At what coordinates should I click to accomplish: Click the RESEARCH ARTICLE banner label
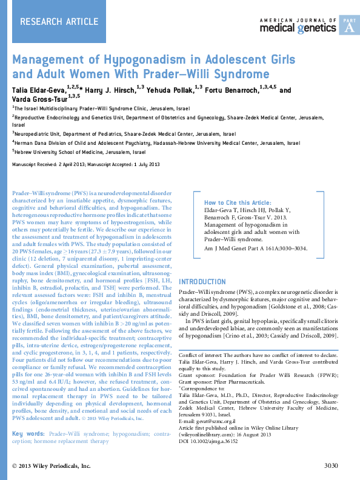[x=59, y=22]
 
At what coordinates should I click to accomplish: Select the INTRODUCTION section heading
[x=202, y=282]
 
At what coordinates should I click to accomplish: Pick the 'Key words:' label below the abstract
[x=28, y=434]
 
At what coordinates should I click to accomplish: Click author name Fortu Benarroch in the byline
[x=235, y=90]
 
